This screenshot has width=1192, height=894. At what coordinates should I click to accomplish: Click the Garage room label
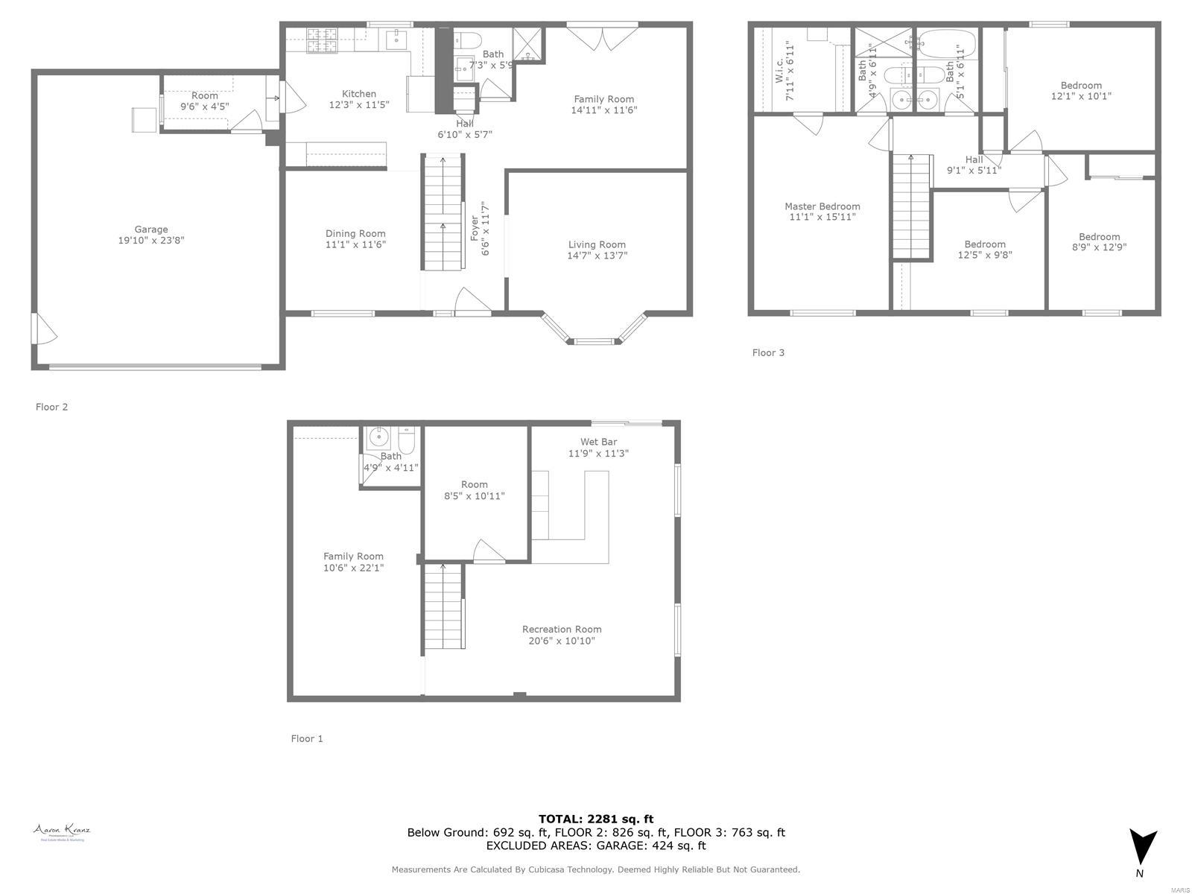coord(151,229)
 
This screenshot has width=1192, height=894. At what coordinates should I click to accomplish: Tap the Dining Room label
coord(355,234)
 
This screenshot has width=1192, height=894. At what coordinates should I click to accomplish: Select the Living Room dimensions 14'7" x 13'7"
coord(597,256)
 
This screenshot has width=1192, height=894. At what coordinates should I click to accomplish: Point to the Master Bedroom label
coord(822,206)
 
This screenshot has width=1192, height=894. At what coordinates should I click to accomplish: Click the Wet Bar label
coord(598,442)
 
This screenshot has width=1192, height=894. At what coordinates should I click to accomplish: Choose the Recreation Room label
coord(561,630)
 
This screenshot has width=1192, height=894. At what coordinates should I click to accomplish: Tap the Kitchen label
coord(359,94)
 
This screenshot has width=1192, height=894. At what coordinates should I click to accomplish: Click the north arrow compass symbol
coord(1143,849)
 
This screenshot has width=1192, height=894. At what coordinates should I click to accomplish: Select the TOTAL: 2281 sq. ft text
coord(595,819)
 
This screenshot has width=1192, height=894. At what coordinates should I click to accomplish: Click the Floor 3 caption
coord(768,352)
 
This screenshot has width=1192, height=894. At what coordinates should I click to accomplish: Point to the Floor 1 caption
coord(307,738)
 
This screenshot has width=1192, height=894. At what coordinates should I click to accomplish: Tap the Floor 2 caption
coord(51,407)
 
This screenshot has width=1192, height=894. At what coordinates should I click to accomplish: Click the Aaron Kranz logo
coord(62,832)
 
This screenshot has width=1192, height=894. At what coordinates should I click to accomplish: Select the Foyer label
coord(475,228)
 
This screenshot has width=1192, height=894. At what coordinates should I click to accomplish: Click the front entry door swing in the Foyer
coord(472,302)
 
